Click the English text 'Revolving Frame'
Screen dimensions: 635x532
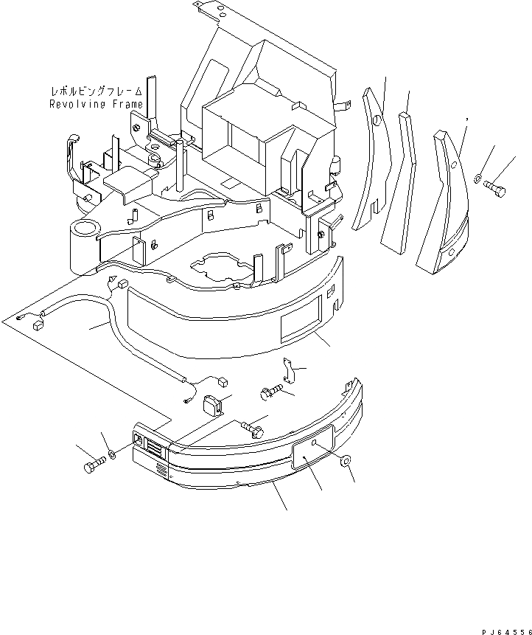pos(96,104)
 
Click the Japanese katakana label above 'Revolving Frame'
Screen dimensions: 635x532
pos(96,92)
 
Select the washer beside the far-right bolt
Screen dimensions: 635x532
pos(479,178)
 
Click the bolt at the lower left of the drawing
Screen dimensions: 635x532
pos(93,467)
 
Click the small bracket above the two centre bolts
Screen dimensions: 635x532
pos(290,371)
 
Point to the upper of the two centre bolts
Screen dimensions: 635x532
pos(270,393)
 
